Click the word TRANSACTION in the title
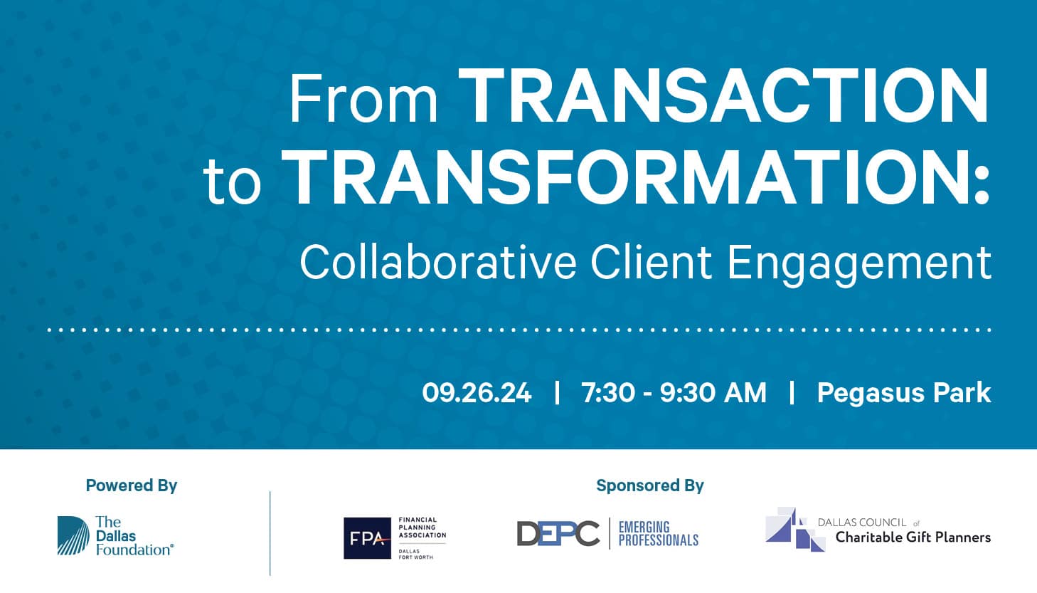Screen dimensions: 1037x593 723,95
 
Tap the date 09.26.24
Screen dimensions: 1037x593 477,393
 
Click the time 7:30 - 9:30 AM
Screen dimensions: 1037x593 674,393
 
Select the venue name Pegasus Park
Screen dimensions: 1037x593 904,394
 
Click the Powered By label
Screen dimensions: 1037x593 132,486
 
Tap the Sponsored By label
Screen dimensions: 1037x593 650,486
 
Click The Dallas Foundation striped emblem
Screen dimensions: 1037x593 73,535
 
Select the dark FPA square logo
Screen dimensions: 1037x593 367,538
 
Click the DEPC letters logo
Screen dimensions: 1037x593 558,534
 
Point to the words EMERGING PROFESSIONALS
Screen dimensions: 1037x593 659,534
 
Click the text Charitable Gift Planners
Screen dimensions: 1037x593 913,538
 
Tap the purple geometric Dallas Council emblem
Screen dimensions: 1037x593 795,529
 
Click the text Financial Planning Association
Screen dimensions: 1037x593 422,528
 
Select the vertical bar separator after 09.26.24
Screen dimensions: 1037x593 557,393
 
